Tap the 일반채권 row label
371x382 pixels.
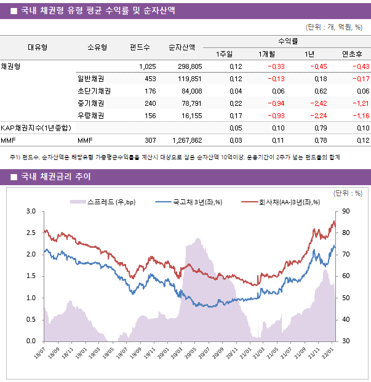pos(90,79)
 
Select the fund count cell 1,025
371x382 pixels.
pos(148,66)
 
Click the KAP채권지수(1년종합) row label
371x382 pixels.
pos(36,128)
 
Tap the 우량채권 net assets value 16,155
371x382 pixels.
pos(189,116)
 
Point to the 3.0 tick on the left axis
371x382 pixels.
pos(30,212)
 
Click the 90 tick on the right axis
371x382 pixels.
pos(346,212)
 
